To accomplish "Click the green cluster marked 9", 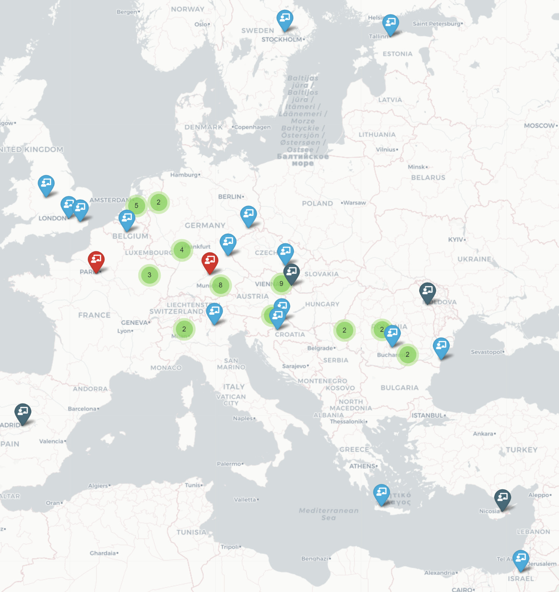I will tap(281, 284).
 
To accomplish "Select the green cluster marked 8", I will tap(221, 285).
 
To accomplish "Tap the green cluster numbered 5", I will tap(136, 206).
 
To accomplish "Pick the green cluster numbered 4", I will tap(182, 250).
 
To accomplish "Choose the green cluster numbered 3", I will tap(149, 275).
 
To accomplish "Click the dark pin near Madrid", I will tap(23, 412).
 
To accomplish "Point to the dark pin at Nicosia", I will tap(503, 498).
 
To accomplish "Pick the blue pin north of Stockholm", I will tap(285, 19).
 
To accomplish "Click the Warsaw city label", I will tap(354, 203).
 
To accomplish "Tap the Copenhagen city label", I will tap(252, 127).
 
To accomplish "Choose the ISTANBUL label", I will tap(427, 415).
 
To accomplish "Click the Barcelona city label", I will tap(82, 409).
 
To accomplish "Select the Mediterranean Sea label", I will tap(329, 514).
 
